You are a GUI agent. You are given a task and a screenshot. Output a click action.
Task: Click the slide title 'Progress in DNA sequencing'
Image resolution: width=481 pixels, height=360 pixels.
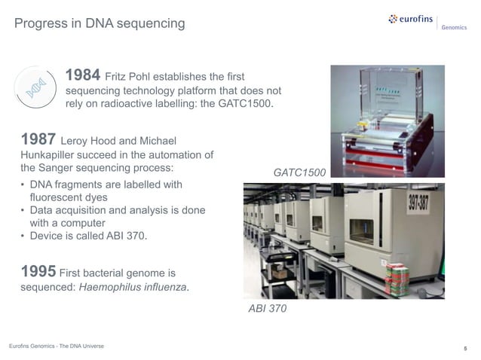[100, 24]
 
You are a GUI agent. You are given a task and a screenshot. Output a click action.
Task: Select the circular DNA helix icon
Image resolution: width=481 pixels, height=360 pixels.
[35, 90]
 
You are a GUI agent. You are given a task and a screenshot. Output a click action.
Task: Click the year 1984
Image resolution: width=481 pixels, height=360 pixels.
[83, 75]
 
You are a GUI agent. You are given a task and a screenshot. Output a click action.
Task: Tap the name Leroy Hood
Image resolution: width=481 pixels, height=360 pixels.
[90, 142]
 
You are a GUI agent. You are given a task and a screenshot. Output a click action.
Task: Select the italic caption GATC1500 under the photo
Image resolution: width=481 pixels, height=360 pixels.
[299, 173]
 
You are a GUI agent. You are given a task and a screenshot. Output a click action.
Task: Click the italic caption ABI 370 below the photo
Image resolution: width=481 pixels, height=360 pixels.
[267, 309]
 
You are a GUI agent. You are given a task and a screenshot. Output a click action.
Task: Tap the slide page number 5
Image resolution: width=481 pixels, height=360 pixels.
[465, 348]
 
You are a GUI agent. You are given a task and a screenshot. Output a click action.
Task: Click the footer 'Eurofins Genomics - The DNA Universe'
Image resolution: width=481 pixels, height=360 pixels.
[56, 346]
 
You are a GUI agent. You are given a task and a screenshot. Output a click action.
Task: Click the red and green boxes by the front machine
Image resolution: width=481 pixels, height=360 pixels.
[396, 279]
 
